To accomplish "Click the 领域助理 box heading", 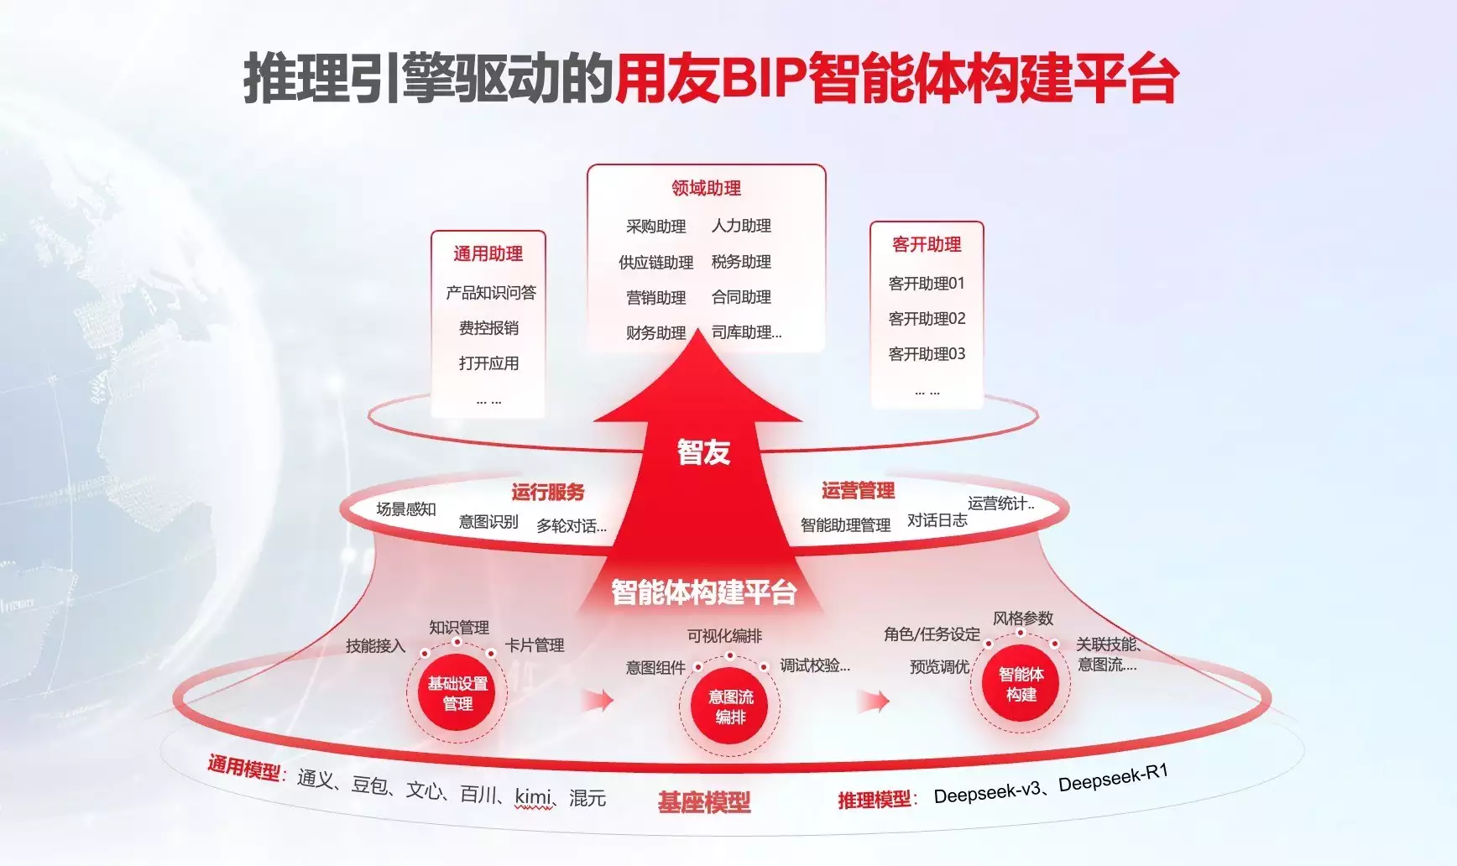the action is point(706,188).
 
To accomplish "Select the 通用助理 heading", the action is point(488,253).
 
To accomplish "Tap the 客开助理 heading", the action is point(927,244).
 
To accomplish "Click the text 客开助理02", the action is point(927,319).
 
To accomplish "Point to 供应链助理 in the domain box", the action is point(655,263).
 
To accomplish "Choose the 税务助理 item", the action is point(741,262).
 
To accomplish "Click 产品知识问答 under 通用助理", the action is point(490,293).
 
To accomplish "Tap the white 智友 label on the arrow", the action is point(703,452).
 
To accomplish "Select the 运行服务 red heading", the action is point(547,492).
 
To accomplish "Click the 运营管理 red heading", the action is point(858,490).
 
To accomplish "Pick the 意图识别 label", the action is point(488,522).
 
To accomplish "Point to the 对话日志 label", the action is point(937,520).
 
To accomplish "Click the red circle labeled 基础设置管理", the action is point(457,693).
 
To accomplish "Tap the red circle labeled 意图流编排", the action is point(730,707).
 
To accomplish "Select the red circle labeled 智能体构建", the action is point(1021,684).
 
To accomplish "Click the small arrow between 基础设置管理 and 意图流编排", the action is point(599,700).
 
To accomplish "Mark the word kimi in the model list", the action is point(534,796).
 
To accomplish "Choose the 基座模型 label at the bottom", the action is point(703,803).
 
